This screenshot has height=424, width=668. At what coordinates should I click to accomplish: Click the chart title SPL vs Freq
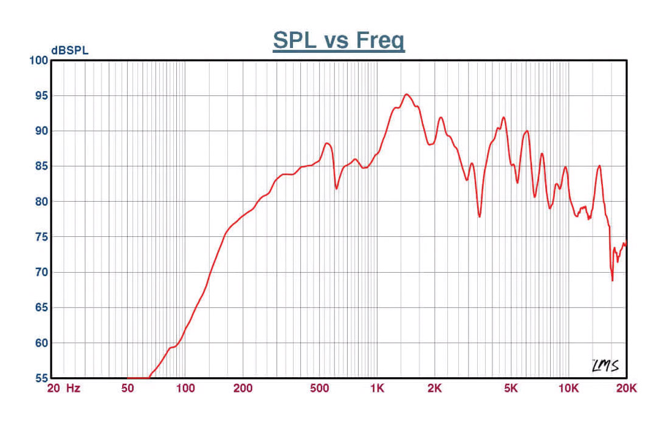[x=339, y=41]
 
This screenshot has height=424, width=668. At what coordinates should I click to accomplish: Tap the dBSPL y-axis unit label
[x=70, y=51]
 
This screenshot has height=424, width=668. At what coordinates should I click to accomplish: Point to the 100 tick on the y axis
[x=38, y=60]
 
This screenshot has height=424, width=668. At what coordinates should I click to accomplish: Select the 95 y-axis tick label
[x=41, y=95]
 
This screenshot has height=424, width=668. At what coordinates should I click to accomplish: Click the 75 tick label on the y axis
[x=41, y=237]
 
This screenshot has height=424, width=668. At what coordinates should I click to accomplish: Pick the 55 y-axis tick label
[x=41, y=378]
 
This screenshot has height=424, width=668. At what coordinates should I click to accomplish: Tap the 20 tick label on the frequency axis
[x=53, y=388]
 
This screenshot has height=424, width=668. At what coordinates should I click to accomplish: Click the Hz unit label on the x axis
[x=73, y=388]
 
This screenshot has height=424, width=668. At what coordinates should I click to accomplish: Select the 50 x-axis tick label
[x=128, y=388]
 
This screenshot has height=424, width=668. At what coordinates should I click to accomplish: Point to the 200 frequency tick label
[x=243, y=388]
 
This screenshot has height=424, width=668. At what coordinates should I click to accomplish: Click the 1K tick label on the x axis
[x=377, y=388]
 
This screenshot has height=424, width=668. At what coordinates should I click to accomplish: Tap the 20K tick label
[x=626, y=388]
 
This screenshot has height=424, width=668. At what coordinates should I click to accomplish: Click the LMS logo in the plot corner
[x=605, y=365]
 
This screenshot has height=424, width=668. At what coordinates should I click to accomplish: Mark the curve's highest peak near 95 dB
[x=406, y=94]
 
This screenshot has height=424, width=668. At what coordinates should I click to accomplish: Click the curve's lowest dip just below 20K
[x=612, y=280]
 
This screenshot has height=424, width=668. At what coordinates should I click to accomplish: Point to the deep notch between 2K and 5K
[x=480, y=216]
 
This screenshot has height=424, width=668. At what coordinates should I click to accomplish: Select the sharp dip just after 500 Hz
[x=337, y=188]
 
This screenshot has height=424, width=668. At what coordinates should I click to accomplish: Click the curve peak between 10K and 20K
[x=600, y=165]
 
